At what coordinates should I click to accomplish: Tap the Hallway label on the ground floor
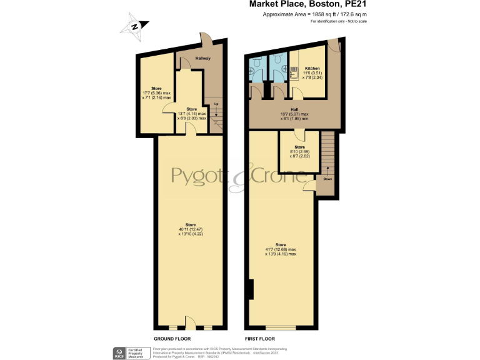tap(202, 59)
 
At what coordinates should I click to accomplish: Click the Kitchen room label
tap(312, 68)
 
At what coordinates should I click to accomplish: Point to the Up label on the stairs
tap(216, 104)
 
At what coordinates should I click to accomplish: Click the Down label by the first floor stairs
tap(327, 179)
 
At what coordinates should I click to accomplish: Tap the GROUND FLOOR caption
tap(172, 338)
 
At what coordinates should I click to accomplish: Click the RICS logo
tap(118, 354)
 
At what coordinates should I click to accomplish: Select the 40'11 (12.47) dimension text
tap(190, 229)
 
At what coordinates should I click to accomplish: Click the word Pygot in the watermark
tap(199, 172)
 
